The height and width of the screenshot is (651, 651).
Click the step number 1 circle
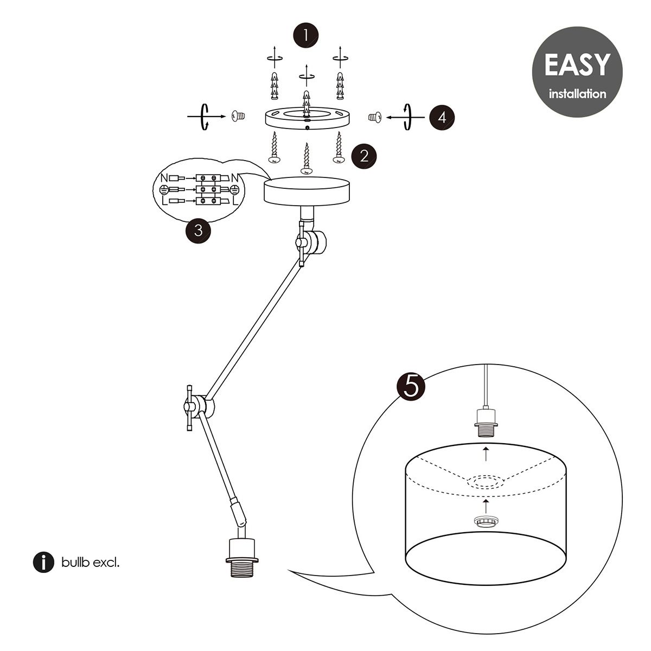click(x=306, y=36)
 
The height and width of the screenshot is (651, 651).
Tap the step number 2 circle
click(x=364, y=156)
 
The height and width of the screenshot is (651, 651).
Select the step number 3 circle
click(x=199, y=231)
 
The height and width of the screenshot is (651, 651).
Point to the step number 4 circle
click(x=442, y=117)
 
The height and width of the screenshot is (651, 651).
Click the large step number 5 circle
click(x=411, y=386)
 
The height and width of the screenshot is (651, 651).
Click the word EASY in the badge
click(x=577, y=65)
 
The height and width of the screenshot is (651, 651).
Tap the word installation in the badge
click(x=577, y=94)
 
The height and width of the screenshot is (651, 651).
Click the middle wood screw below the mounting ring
click(x=307, y=159)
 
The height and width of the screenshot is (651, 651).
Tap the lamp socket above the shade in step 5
click(x=486, y=420)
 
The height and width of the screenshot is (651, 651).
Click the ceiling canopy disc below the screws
click(x=307, y=190)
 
